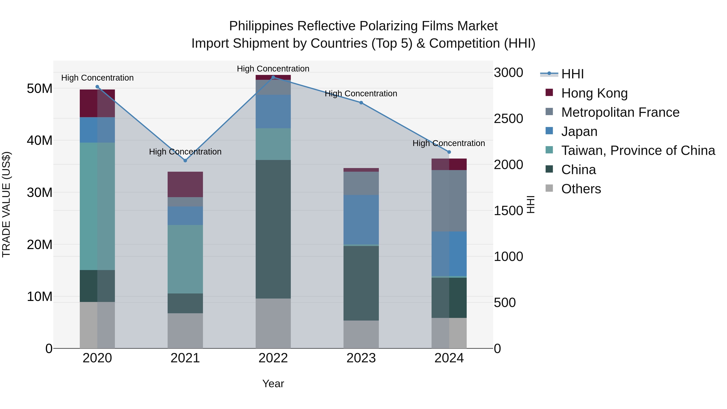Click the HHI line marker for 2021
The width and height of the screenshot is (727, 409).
(185, 161)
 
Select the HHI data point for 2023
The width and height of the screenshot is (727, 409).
(361, 103)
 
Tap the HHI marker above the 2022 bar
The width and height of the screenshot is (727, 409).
(273, 77)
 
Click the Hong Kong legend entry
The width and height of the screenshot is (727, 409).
(594, 93)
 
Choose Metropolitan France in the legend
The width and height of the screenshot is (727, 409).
(620, 112)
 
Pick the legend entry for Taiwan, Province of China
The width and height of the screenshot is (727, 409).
(638, 150)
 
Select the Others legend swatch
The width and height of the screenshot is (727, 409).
(549, 188)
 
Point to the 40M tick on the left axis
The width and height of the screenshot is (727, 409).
(40, 140)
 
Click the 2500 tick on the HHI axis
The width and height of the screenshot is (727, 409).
(508, 119)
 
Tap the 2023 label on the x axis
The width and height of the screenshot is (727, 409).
(361, 358)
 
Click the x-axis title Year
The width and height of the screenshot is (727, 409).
(273, 384)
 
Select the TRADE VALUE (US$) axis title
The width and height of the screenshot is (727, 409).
(6, 204)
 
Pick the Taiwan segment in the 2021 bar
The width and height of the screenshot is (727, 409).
(185, 259)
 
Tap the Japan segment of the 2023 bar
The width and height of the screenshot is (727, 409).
(361, 220)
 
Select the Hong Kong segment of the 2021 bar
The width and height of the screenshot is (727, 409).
(185, 184)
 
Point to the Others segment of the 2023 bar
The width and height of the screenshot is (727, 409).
(361, 334)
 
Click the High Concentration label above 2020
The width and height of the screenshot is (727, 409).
(97, 78)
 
